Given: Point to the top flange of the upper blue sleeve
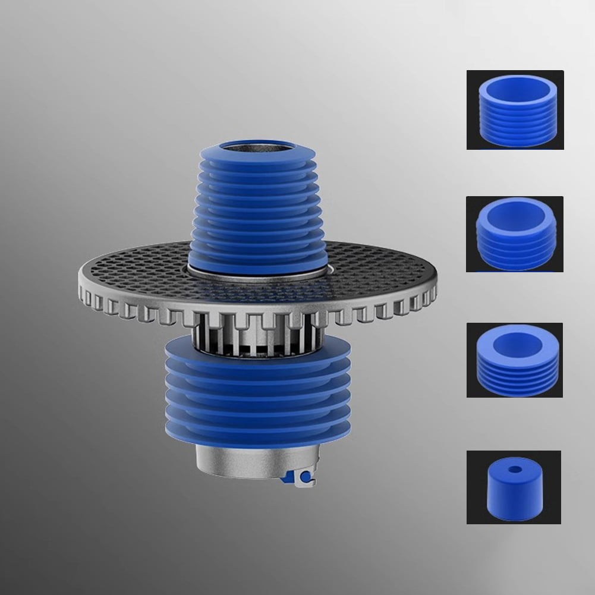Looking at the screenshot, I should click(257, 156).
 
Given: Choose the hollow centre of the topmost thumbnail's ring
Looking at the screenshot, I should click(515, 89).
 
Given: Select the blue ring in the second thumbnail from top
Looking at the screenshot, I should click(515, 244).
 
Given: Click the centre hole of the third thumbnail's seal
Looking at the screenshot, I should click(515, 343).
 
